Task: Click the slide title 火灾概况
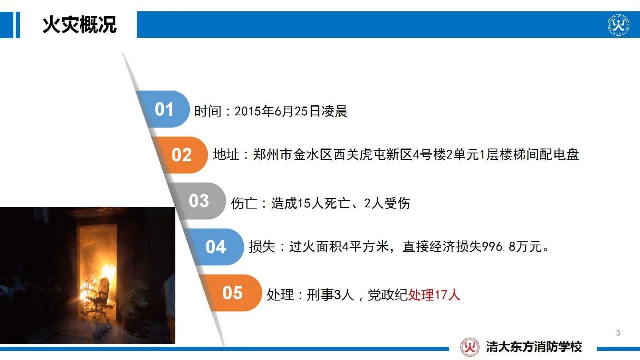pyautogui.click(x=79, y=25)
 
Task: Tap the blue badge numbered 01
pyautogui.click(x=163, y=109)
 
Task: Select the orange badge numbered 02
pyautogui.click(x=181, y=155)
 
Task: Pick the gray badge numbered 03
pyautogui.click(x=198, y=201)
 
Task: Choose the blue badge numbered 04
pyautogui.click(x=216, y=247)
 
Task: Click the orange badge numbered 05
pyautogui.click(x=233, y=293)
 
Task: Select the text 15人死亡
pyautogui.click(x=324, y=203)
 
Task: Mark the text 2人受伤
pyautogui.click(x=387, y=203)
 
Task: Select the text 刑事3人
pyautogui.click(x=330, y=295)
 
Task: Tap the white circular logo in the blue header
pyautogui.click(x=618, y=25)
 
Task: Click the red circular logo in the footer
pyautogui.click(x=470, y=347)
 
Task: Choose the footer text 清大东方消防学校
pyautogui.click(x=534, y=347)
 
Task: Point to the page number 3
pyautogui.click(x=618, y=333)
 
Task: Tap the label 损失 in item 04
pyautogui.click(x=262, y=247)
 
